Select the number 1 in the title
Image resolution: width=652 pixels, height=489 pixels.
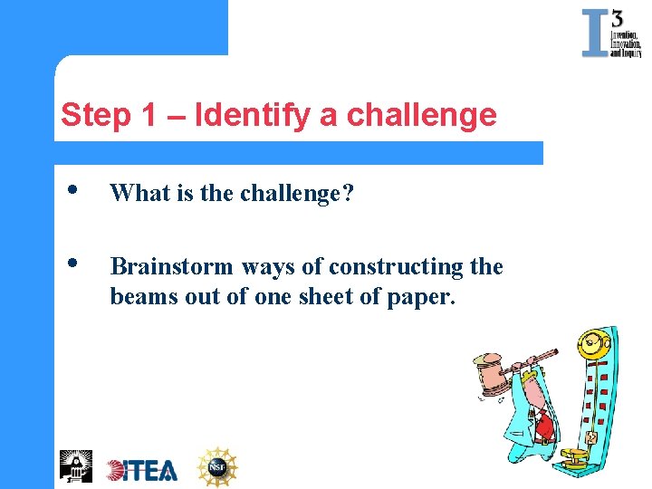pos(149,116)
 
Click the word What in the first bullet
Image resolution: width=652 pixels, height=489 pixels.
pos(138,193)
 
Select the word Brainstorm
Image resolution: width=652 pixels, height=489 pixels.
pos(172,266)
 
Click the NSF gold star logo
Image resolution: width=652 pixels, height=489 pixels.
pos(217,466)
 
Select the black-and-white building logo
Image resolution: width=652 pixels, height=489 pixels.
pos(75,465)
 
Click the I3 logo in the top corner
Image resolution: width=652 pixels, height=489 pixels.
pos(611,34)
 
